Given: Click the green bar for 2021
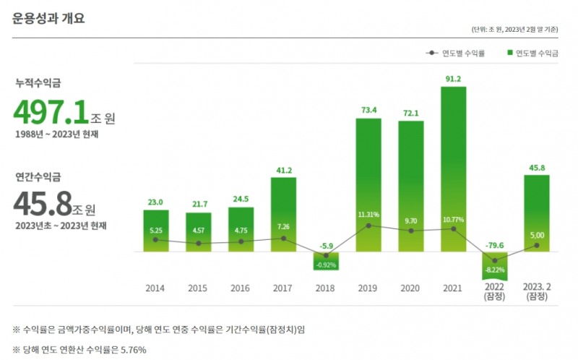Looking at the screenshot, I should pos(453,169).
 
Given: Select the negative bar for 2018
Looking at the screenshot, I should pos(326,260).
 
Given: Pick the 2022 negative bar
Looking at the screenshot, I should pos(495,265).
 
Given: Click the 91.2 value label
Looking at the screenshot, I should pos(453,79).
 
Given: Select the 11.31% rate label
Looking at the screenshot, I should pos(368,215).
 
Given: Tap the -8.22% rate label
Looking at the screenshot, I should pos(495,270).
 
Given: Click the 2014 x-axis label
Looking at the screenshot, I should pos(155,288).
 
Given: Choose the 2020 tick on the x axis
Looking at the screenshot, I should pos(410,288).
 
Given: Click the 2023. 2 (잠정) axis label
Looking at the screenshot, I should pos(537,292).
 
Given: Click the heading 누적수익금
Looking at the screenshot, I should pos(37,83).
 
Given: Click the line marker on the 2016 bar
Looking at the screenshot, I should pos(241,241).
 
